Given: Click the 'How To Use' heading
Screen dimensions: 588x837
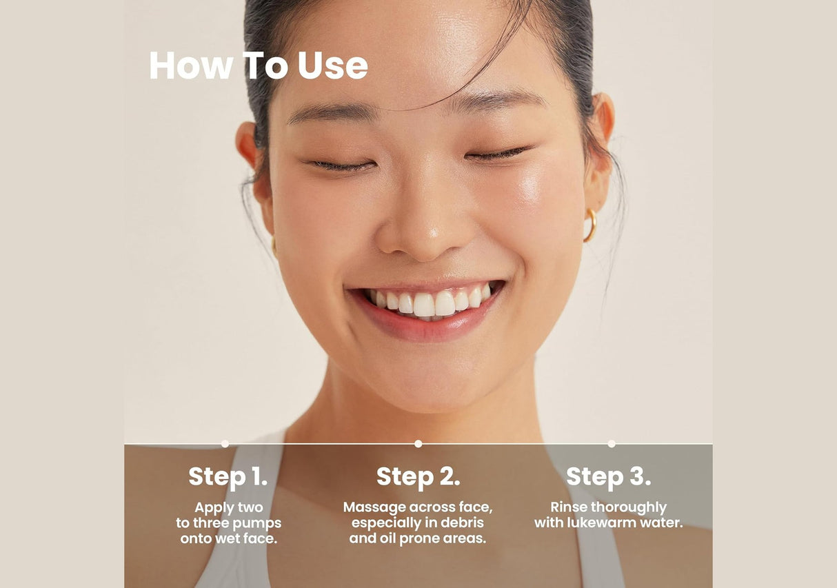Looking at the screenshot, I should [258, 65].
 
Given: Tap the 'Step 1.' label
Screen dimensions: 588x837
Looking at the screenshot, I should [228, 476].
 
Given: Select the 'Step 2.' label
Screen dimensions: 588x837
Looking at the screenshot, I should [418, 476].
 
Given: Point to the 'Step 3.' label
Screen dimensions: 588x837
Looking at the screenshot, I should [608, 476].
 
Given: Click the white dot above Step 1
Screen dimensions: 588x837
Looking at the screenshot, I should [225, 443].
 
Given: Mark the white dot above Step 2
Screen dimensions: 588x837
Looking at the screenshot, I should [418, 443].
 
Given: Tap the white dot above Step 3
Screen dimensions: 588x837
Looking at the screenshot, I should [612, 443].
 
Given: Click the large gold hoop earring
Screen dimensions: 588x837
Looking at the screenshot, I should [590, 225].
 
